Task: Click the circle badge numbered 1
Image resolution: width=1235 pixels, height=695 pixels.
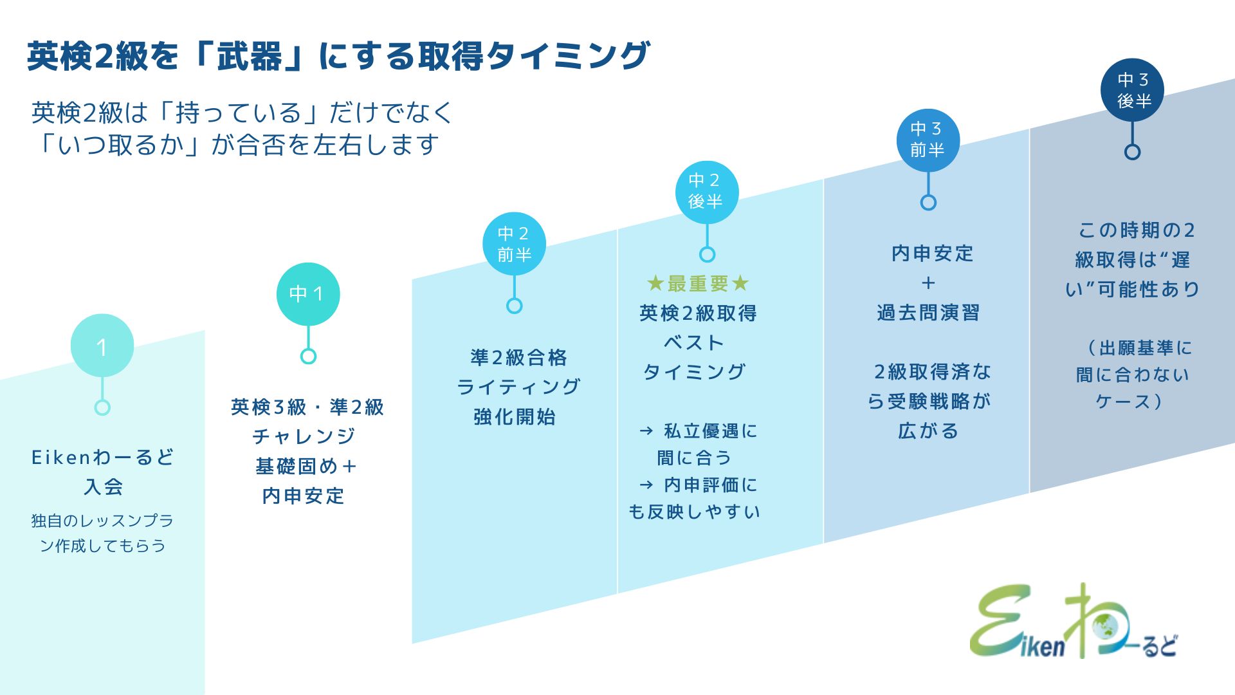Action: [x=102, y=346]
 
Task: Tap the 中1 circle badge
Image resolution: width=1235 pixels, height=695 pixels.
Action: [x=308, y=294]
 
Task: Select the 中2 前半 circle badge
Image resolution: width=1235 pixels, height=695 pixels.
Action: [x=514, y=244]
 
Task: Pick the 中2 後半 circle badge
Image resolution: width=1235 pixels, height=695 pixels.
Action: [x=707, y=192]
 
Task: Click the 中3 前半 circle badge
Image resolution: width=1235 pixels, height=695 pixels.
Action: [x=928, y=140]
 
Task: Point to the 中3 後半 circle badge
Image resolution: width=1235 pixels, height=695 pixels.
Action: [x=1132, y=90]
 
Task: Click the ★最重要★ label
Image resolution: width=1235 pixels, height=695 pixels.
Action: [x=698, y=283]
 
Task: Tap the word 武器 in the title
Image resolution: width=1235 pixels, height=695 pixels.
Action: [x=250, y=56]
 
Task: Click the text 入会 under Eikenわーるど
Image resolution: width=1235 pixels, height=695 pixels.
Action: [x=103, y=486]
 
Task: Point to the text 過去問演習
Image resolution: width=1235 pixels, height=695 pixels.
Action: [x=928, y=313]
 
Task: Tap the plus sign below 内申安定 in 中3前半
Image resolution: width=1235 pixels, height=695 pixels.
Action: [x=928, y=283]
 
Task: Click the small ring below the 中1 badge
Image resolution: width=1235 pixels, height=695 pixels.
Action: [x=308, y=356]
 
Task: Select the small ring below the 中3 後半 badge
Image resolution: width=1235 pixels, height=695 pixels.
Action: [x=1132, y=152]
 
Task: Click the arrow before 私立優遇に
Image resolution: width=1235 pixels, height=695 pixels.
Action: [x=646, y=431]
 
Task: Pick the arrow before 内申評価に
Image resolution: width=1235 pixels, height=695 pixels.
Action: [x=646, y=485]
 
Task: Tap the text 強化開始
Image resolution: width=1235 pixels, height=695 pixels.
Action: [x=515, y=417]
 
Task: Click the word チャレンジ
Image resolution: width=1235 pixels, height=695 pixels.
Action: [x=304, y=436]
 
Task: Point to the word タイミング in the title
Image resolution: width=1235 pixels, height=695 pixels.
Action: [x=567, y=56]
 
